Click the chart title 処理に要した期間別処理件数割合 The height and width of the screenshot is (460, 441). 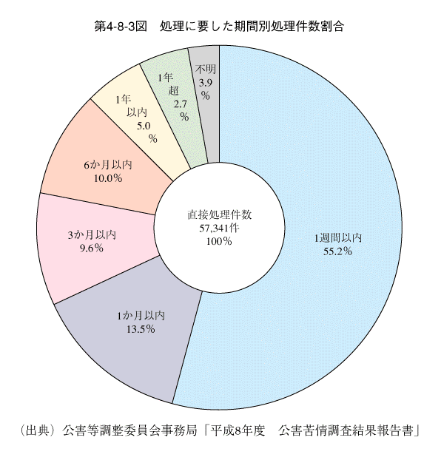pyautogui.click(x=252, y=27)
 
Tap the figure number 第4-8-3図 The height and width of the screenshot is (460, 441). pyautogui.click(x=121, y=27)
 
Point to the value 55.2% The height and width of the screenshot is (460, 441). pyautogui.click(x=337, y=251)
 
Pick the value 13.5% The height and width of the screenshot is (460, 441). pyautogui.click(x=141, y=329)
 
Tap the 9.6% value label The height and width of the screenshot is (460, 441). pyautogui.click(x=92, y=248)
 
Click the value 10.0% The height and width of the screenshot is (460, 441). pyautogui.click(x=108, y=178)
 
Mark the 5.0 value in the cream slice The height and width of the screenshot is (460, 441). pyautogui.click(x=144, y=126)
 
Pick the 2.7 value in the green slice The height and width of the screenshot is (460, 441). pyautogui.click(x=181, y=104)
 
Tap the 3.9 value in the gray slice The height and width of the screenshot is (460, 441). pyautogui.click(x=205, y=83)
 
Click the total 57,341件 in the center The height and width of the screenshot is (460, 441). pyautogui.click(x=219, y=229)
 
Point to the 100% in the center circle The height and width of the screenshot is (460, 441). pyautogui.click(x=219, y=241)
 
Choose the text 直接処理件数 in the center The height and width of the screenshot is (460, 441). pyautogui.click(x=220, y=215)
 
